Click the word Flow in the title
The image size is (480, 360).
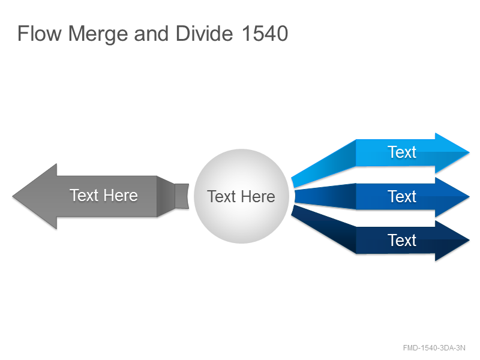[x=40, y=34]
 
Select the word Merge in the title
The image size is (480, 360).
[x=98, y=34]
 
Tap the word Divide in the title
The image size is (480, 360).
[x=204, y=34]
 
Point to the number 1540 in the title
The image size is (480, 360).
[x=265, y=34]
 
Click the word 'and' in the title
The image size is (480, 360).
[x=151, y=34]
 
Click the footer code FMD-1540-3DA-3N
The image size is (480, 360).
[x=434, y=348]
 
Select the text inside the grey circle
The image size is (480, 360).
[x=241, y=197]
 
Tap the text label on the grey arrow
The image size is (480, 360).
[x=104, y=196]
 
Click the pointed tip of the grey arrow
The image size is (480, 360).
[x=13, y=196]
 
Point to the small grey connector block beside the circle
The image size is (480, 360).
[x=182, y=196]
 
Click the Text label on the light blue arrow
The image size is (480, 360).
[x=402, y=152]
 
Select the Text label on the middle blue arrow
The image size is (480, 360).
[x=402, y=197]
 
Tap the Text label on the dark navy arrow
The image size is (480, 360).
[x=402, y=241]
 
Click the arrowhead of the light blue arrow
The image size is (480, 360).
[x=450, y=152]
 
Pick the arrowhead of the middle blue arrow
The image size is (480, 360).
[x=450, y=197]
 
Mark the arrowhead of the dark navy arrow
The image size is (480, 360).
[x=450, y=241]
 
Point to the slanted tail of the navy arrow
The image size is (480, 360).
[x=325, y=229]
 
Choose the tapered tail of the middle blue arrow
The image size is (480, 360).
[x=325, y=197]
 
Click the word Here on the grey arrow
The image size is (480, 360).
[x=121, y=196]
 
